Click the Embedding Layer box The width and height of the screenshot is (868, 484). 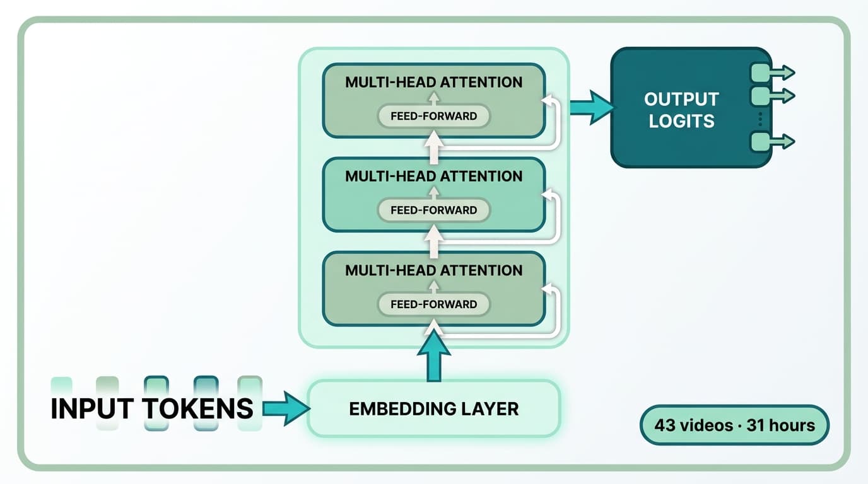coord(433,408)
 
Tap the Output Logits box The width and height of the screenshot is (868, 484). coord(681,108)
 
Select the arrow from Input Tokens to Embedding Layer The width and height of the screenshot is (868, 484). coord(286,408)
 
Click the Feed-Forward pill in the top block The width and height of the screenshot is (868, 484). coord(433,116)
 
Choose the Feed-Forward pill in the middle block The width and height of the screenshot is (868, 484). coord(433,210)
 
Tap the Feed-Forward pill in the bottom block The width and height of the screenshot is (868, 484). coord(433,304)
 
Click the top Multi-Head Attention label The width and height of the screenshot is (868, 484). coord(433,82)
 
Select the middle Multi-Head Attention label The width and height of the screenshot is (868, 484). coord(433,176)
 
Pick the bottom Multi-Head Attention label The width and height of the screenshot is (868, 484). coord(433,270)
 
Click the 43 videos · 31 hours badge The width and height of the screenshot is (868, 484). coord(734,425)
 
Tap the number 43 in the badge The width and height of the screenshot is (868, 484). coord(665,425)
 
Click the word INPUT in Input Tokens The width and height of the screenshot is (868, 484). coord(95,408)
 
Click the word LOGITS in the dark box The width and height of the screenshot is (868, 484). coord(681,120)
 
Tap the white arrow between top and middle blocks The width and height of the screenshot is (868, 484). coord(433,149)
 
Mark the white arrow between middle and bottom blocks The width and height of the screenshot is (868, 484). coord(433,243)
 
